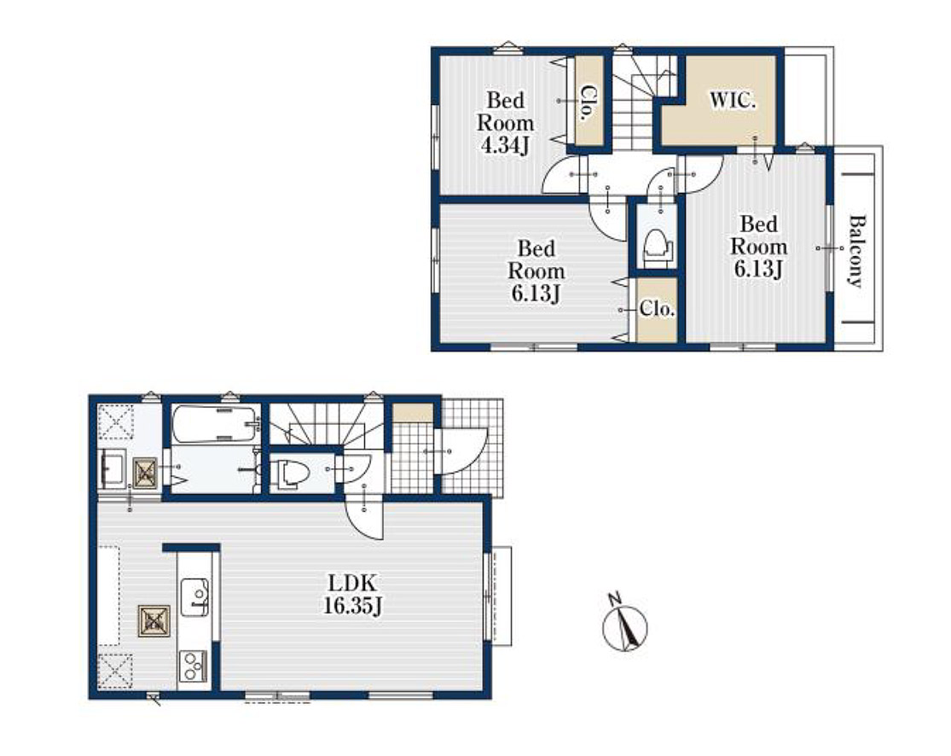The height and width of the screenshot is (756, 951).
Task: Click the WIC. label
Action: pyautogui.click(x=733, y=100)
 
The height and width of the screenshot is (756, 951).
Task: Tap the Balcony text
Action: pyautogui.click(x=855, y=251)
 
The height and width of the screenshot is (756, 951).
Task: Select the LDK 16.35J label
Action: pyautogui.click(x=352, y=595)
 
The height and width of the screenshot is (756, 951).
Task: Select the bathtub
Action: pyautogui.click(x=213, y=425)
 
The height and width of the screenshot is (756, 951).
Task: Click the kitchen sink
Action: pyautogui.click(x=194, y=597)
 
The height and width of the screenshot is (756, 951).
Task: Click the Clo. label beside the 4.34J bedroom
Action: pyautogui.click(x=587, y=103)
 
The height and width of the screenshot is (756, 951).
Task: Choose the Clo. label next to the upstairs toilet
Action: pyautogui.click(x=658, y=310)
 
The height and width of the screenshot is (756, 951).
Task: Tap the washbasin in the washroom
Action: pyautogui.click(x=113, y=469)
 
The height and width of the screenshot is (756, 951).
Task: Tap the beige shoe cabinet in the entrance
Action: pyautogui.click(x=413, y=413)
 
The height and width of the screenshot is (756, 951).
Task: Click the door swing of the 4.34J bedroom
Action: pyautogui.click(x=565, y=174)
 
